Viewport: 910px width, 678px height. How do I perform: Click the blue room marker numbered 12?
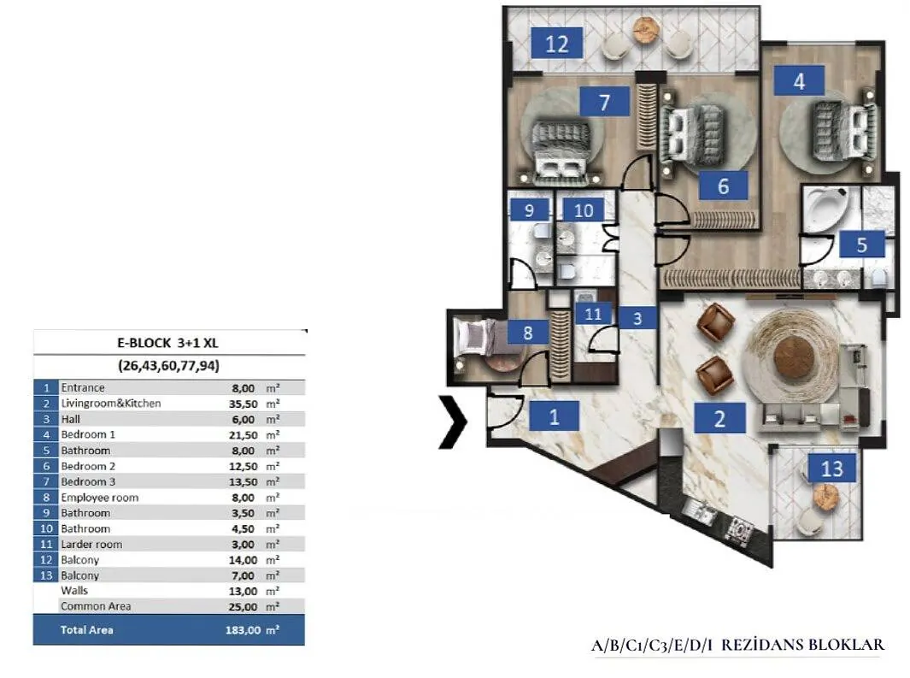pyautogui.click(x=556, y=44)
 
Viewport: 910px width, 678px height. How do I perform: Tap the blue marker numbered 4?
pyautogui.click(x=799, y=80)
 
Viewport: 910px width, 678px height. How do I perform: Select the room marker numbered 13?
pyautogui.click(x=831, y=468)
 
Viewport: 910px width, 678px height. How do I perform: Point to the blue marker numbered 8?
pyautogui.click(x=527, y=333)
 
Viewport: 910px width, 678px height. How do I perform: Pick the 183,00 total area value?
pyautogui.click(x=243, y=630)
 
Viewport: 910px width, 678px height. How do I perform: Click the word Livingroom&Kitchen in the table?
pyautogui.click(x=111, y=404)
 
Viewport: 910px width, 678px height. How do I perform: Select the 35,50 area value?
pyautogui.click(x=244, y=404)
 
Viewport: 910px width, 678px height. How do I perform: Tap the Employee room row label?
pyautogui.click(x=100, y=498)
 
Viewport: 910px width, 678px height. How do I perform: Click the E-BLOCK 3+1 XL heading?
pyautogui.click(x=167, y=343)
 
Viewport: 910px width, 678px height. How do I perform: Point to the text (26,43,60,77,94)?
pyautogui.click(x=169, y=366)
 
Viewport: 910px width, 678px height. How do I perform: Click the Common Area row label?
pyautogui.click(x=96, y=606)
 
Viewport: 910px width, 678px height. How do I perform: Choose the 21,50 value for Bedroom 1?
pyautogui.click(x=244, y=435)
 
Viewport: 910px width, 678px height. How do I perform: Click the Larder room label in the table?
pyautogui.click(x=91, y=545)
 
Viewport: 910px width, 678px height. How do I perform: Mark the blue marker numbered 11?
pyautogui.click(x=592, y=314)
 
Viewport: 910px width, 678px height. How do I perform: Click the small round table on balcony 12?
pyautogui.click(x=644, y=29)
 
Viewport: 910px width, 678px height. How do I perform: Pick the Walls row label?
pyautogui.click(x=74, y=590)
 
